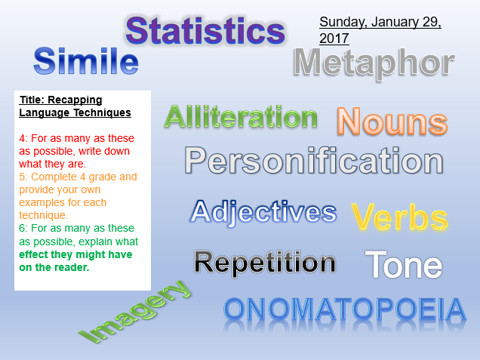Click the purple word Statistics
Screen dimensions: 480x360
pos(205,31)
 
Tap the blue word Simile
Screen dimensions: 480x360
pos(86,61)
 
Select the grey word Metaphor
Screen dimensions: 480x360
pos(374,63)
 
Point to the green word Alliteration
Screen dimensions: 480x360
pos(241,116)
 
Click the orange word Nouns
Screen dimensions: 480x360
pos(392,122)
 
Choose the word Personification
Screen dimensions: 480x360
pos(314,161)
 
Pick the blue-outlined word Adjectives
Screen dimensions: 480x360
pos(263,212)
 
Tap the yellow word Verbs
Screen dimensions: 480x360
pos(400,217)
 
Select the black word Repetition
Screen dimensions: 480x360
pos(265,263)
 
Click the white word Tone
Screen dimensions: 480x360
pos(404,264)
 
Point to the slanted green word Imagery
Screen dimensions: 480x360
pos(134,312)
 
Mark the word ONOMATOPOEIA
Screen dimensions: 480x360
pos(345,309)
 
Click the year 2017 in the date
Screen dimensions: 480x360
pos(334,38)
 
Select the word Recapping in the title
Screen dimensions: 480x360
pos(75,100)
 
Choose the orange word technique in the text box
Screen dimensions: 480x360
pos(42,216)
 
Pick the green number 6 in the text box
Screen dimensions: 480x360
pos(22,229)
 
